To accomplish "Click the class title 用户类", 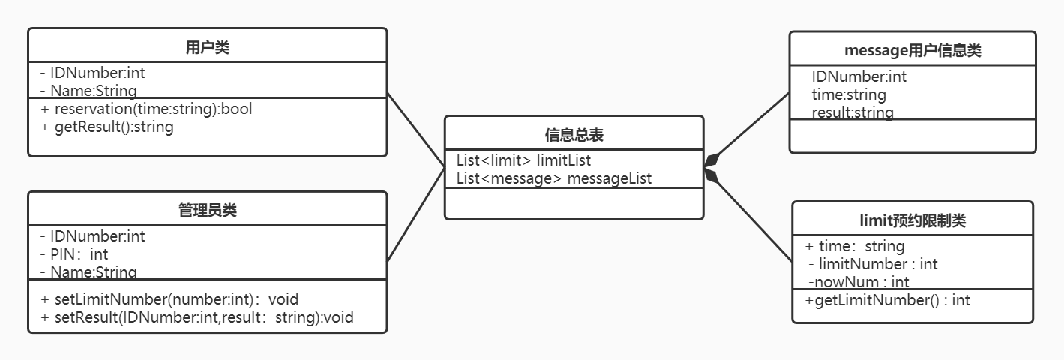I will (208, 48).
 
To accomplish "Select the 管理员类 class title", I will (208, 211).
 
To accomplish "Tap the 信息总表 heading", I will (574, 135).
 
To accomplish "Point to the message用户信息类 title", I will (913, 51).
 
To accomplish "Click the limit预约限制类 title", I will (913, 220).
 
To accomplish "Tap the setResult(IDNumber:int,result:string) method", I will (197, 317).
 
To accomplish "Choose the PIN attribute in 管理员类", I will (75, 254).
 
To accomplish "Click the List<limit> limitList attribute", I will (523, 160).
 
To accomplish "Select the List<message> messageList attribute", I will (554, 178).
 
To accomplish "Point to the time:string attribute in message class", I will (844, 94).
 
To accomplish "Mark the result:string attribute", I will (847, 112).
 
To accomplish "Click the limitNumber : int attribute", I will (873, 264).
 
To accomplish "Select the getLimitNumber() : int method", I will (888, 300).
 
